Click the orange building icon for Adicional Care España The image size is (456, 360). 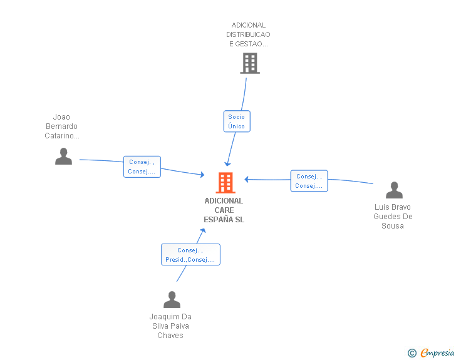point(225,183)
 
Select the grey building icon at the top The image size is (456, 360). point(249,63)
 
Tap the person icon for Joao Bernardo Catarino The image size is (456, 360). point(63,157)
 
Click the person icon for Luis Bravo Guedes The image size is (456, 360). point(394,190)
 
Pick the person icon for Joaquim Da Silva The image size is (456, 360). point(172,300)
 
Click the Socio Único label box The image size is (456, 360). point(237,121)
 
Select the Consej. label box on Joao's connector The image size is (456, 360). point(142,167)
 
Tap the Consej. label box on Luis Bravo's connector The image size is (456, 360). point(309,181)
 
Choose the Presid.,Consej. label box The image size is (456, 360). point(190,255)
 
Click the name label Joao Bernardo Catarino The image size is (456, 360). point(61,126)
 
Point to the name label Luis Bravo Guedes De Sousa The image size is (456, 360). point(393,216)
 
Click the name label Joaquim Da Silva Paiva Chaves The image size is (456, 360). point(170,326)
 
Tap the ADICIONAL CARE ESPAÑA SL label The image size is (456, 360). point(224,210)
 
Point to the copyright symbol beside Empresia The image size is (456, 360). point(412,353)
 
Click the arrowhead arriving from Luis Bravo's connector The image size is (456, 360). point(247,179)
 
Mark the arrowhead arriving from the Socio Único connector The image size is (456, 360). point(227,164)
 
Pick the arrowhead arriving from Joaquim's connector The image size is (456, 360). point(202,230)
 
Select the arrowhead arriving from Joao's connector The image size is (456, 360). point(202,175)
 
